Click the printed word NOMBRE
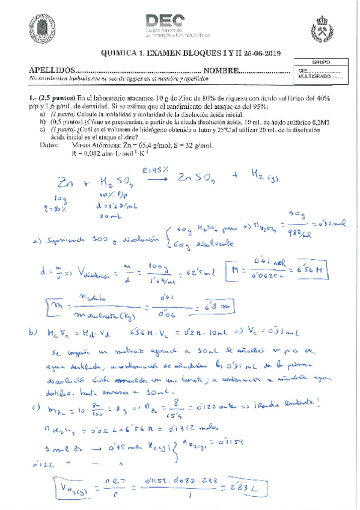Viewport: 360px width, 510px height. (x=221, y=71)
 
